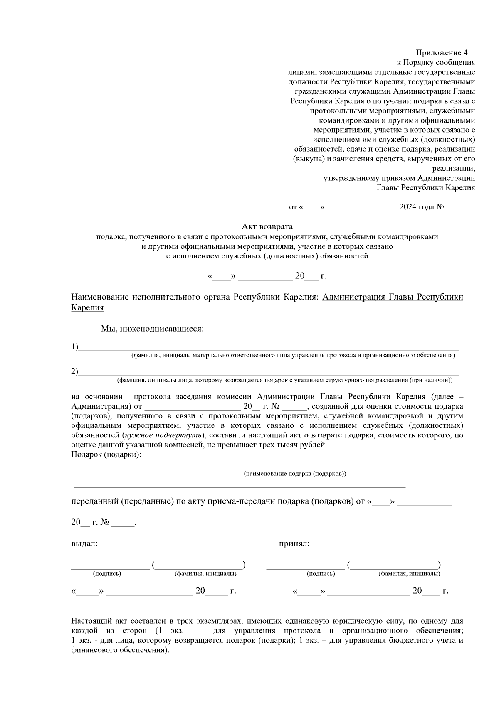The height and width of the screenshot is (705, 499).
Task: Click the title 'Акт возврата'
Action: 267,226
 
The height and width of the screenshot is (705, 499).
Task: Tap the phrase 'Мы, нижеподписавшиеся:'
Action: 152,329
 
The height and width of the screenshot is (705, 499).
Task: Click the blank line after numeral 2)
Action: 269,373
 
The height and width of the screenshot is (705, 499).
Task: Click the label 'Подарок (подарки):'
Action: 106,454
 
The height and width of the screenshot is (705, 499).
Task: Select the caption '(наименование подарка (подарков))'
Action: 295,474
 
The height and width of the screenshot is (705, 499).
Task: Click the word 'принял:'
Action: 294,544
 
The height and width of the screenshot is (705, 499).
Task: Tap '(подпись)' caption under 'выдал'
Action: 107,574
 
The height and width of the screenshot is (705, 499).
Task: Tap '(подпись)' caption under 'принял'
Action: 321,574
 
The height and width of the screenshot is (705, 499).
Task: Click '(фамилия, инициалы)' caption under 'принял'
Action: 409,574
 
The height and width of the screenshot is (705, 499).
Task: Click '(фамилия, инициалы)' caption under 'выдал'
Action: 205,574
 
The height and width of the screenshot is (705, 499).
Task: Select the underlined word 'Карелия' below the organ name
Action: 87,308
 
